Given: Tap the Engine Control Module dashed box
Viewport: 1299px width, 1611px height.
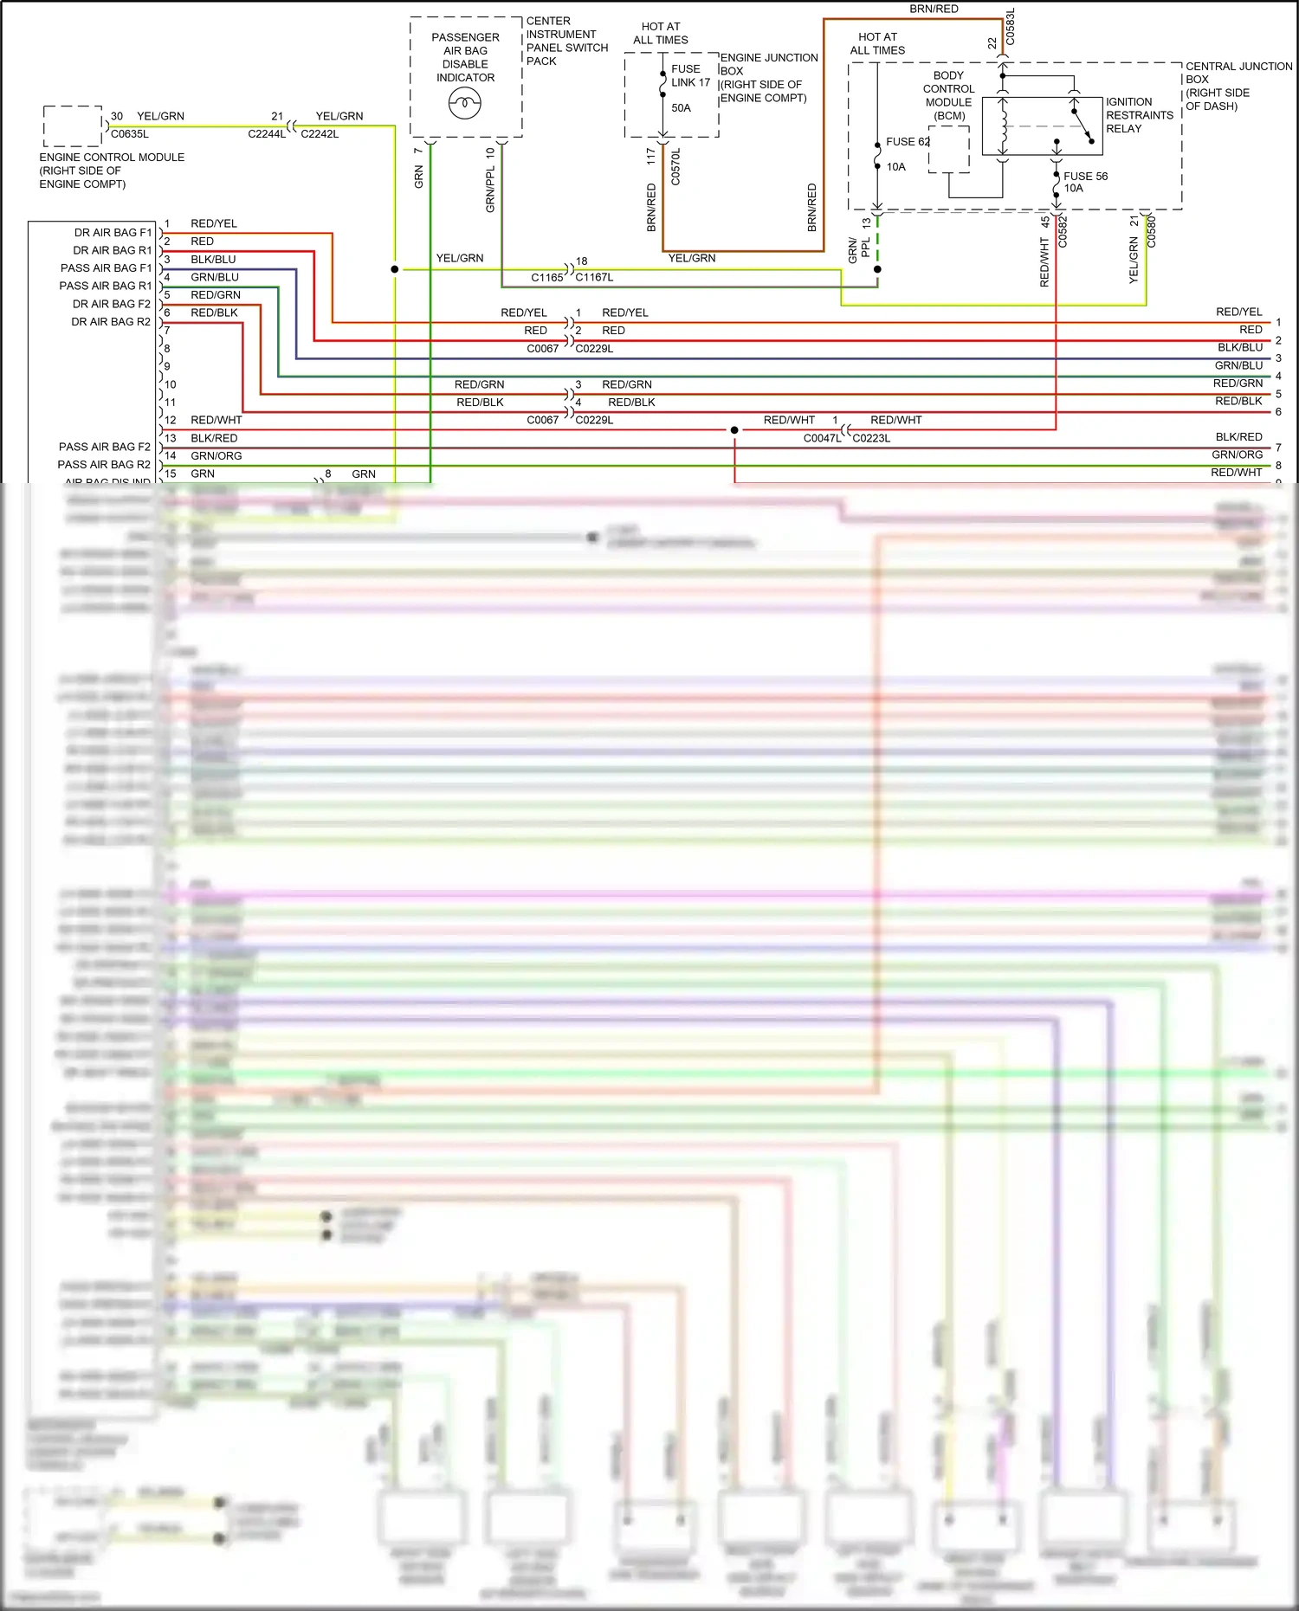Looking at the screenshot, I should [73, 126].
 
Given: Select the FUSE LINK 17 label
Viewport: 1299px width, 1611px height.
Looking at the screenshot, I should [690, 76].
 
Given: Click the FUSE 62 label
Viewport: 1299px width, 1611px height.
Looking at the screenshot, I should [908, 142].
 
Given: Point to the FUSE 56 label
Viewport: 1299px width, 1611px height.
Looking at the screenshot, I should [1085, 177].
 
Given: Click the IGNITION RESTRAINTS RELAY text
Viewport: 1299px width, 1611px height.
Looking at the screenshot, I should [1139, 115].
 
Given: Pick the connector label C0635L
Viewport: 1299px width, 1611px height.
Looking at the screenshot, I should [130, 134].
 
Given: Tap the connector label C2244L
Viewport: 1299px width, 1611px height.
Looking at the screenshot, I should [267, 134].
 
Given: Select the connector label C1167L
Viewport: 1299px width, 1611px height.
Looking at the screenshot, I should [594, 278].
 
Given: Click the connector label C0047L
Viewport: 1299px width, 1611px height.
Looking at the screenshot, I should [822, 438].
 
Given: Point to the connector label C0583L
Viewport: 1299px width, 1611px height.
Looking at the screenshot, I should [1010, 27].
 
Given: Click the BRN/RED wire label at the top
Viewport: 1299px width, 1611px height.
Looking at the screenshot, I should [934, 10].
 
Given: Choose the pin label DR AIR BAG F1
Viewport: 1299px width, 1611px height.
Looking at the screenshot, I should [113, 233].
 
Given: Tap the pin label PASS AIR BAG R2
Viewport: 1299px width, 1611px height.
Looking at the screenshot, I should [104, 465].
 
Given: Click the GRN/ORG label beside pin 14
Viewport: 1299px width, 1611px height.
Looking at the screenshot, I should [216, 456].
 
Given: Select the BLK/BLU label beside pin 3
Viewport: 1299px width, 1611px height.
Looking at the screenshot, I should [213, 260].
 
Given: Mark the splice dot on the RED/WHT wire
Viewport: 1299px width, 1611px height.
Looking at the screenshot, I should [734, 430].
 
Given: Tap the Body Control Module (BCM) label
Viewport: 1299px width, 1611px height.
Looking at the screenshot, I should [948, 95].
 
